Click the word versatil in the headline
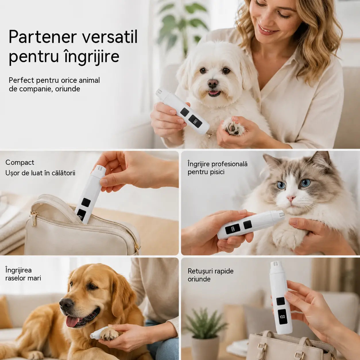110,37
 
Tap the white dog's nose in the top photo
213,83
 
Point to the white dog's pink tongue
214,93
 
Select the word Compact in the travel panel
20,163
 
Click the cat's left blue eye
281,185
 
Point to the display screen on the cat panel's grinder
233,229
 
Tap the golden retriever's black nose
66,304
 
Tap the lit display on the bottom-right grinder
282,317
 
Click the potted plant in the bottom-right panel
205,331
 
